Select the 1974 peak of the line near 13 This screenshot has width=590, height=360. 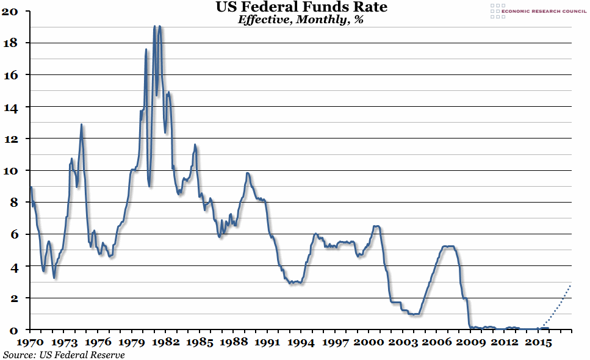coord(81,125)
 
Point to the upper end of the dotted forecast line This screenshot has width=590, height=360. coord(570,285)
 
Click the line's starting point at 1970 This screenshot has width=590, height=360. coord(31,187)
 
